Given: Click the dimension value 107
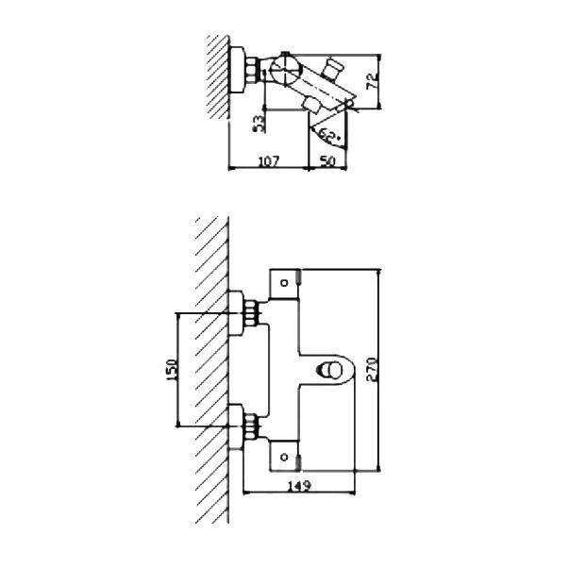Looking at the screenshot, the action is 269,160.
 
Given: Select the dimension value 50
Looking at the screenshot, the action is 327,160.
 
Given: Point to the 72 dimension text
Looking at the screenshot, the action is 373,81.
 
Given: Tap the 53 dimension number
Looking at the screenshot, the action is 259,124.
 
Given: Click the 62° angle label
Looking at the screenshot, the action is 330,136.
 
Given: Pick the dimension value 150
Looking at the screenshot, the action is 172,370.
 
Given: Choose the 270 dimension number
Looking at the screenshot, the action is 372,369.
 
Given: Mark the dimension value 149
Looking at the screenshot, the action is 299,485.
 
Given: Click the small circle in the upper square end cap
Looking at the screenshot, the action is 285,283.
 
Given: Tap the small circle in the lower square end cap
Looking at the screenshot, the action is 285,458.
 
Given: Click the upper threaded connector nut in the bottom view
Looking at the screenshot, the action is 250,313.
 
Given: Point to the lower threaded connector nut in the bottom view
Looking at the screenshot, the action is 250,426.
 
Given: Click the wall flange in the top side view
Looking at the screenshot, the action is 237,70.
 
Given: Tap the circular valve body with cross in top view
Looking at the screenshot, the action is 285,69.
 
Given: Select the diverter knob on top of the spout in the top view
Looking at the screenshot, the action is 332,68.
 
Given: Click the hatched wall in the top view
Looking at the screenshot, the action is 218,77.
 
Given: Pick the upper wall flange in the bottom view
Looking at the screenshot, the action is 236,313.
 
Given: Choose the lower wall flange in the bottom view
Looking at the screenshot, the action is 236,426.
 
